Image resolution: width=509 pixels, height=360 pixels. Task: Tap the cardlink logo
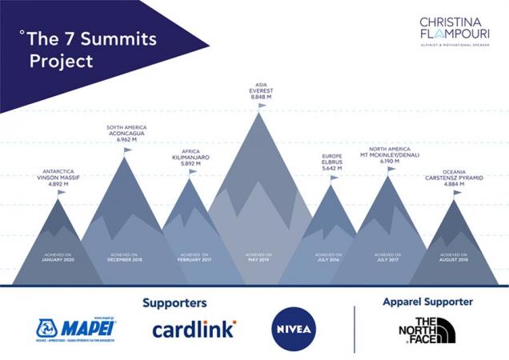pos(194,328)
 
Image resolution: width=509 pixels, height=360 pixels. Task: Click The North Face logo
pos(427,330)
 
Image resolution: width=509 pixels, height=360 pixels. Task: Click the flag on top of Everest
pos(263,106)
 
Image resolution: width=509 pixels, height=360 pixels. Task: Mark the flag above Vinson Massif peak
pos(62,192)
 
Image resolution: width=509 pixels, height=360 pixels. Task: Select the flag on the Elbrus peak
pos(335,178)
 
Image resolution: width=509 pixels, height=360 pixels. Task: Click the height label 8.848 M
pos(261,98)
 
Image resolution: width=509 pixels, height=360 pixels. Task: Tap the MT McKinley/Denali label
pos(389,154)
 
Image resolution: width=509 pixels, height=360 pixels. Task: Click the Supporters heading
pos(174,303)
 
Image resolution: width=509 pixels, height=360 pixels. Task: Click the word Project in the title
pos(62,61)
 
